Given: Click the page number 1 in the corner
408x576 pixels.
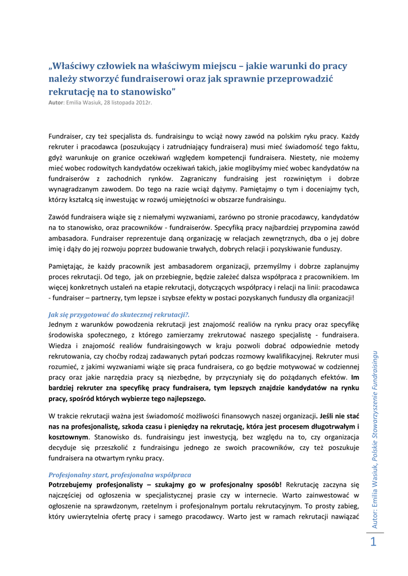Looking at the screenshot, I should click(x=373, y=542).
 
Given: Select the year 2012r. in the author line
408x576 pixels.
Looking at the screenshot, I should click(x=143, y=102).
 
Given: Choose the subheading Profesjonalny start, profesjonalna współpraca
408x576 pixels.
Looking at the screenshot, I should click(x=120, y=474).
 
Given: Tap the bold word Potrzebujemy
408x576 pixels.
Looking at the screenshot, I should click(x=76, y=484).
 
